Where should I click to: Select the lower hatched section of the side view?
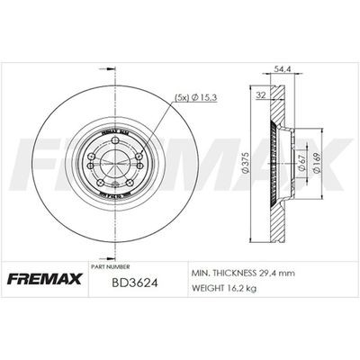(x=274, y=211)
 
